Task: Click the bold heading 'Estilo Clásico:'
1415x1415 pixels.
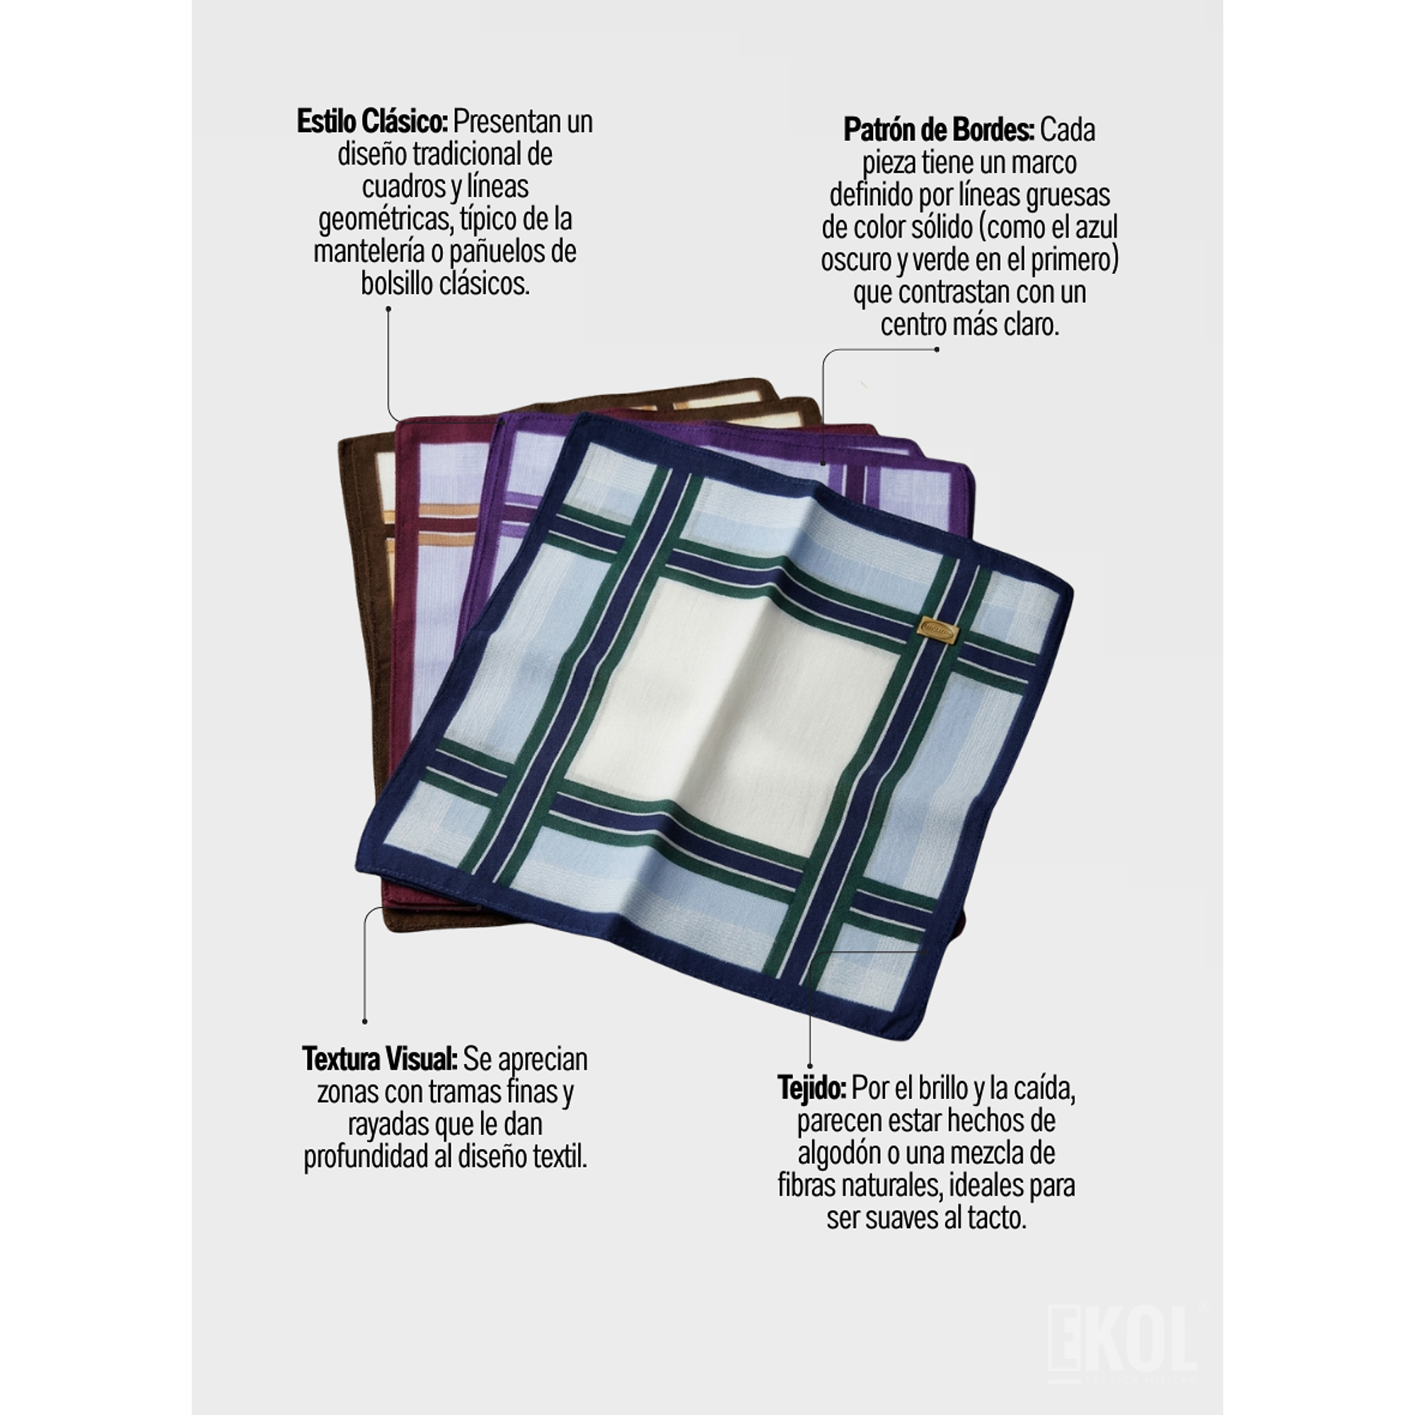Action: pyautogui.click(x=372, y=122)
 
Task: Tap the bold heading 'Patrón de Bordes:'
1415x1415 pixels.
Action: pyautogui.click(x=939, y=130)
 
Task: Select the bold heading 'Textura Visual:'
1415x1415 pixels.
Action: pyautogui.click(x=380, y=1059)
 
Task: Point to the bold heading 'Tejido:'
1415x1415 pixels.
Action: pyautogui.click(x=812, y=1088)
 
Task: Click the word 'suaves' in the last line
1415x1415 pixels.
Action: pyautogui.click(x=900, y=1218)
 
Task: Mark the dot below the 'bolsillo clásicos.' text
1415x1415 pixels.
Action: pyautogui.click(x=388, y=308)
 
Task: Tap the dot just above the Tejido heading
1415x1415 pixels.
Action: pyautogui.click(x=810, y=1066)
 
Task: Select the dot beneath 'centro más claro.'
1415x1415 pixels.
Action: pyautogui.click(x=937, y=350)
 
